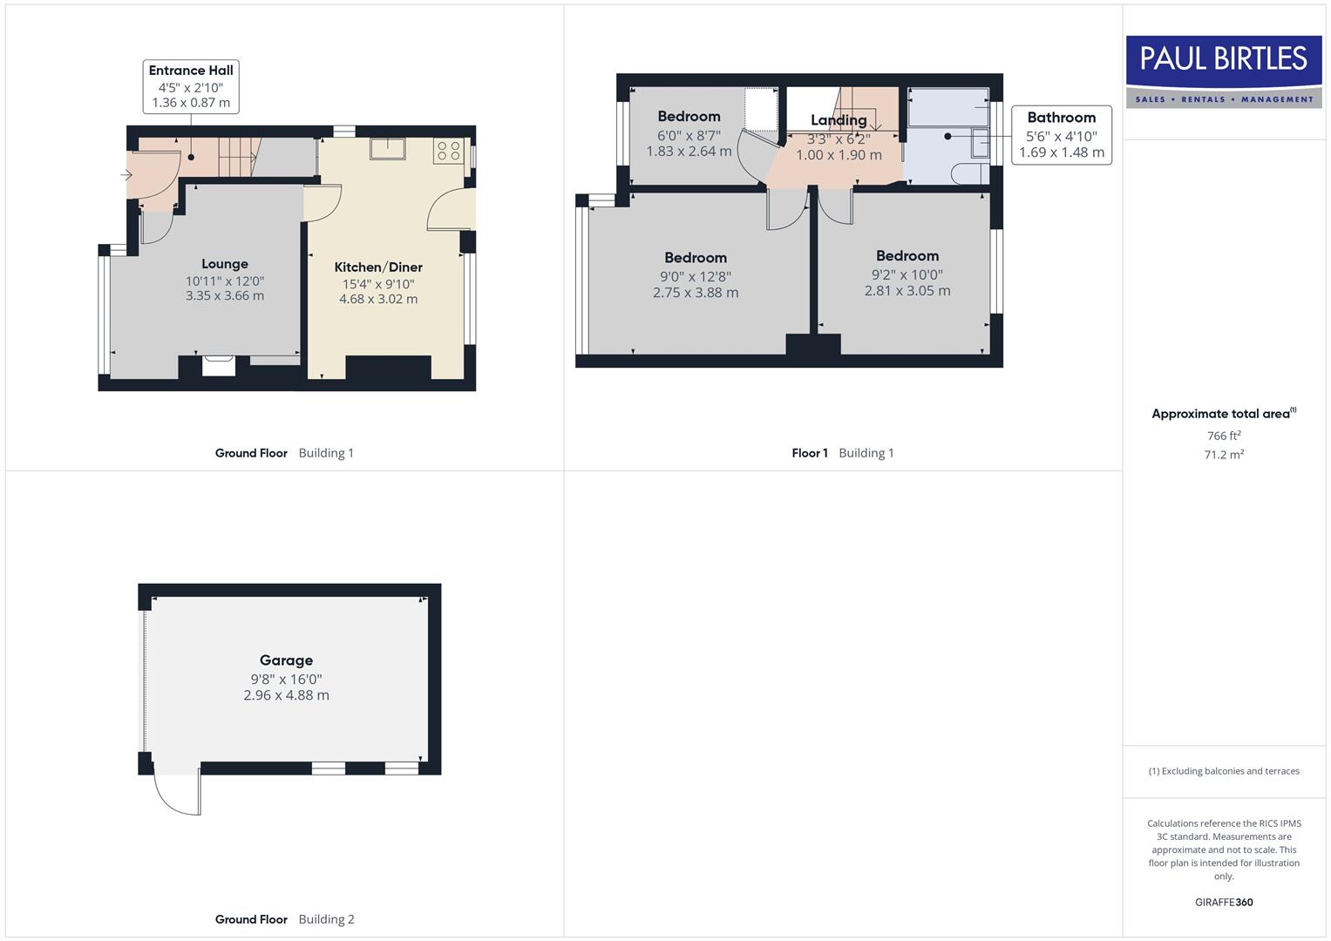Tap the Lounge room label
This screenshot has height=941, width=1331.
(225, 264)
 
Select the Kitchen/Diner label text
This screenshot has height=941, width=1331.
(378, 267)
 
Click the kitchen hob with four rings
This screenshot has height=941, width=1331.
(448, 151)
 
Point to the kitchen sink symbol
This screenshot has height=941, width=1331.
(387, 149)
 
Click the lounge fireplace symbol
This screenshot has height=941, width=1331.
(218, 365)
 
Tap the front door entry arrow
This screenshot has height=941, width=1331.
(126, 175)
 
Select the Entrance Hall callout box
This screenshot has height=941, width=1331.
(191, 86)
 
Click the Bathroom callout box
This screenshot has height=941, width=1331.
(1061, 135)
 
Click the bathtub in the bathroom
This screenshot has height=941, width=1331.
(948, 107)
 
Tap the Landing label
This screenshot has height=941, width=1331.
(839, 120)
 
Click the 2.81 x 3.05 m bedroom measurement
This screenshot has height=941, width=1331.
(907, 291)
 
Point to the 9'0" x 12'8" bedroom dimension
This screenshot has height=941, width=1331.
(696, 277)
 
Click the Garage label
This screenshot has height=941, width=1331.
(286, 660)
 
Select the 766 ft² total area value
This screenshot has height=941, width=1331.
(1224, 436)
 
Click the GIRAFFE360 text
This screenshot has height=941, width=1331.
(1224, 903)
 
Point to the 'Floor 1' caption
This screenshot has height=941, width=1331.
(810, 453)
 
